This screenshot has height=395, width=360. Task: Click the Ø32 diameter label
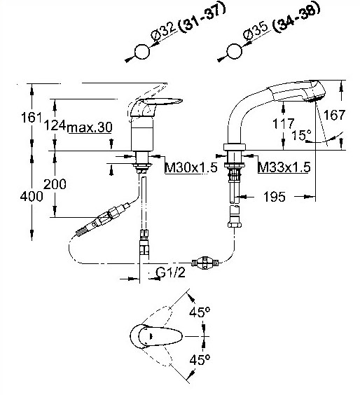(x=164, y=32)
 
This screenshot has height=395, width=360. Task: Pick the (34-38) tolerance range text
(x=297, y=17)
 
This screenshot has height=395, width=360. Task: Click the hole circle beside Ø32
(x=142, y=52)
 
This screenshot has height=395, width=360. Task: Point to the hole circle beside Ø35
(x=235, y=51)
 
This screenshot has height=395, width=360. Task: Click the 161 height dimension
(x=31, y=118)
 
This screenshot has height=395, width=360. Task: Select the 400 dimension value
(x=32, y=195)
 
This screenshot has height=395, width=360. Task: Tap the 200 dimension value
(x=55, y=184)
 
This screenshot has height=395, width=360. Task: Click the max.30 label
(x=90, y=127)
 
